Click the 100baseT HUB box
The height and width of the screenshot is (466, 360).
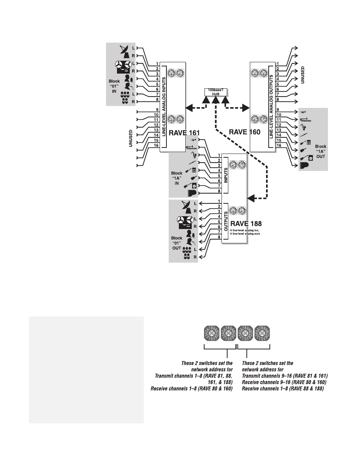pos(215,92)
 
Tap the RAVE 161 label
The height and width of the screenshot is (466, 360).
pos(184,133)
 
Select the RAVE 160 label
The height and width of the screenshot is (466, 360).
pos(245,132)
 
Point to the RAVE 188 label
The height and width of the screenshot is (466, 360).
pos(246,224)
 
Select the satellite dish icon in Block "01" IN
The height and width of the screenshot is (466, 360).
pos(126,52)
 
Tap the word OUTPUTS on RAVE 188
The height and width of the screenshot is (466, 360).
pos(226,221)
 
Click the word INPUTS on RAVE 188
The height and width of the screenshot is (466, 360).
pos(226,175)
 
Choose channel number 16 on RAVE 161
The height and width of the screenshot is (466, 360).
pos(156,145)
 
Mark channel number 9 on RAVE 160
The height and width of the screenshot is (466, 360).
pos(278,110)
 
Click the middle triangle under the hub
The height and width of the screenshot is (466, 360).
pos(215,100)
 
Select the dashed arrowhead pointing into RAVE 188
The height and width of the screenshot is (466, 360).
pos(251,197)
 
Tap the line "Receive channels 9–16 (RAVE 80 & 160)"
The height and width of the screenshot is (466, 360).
pos(284,382)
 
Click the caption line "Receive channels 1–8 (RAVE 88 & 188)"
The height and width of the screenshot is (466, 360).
pos(283,388)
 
